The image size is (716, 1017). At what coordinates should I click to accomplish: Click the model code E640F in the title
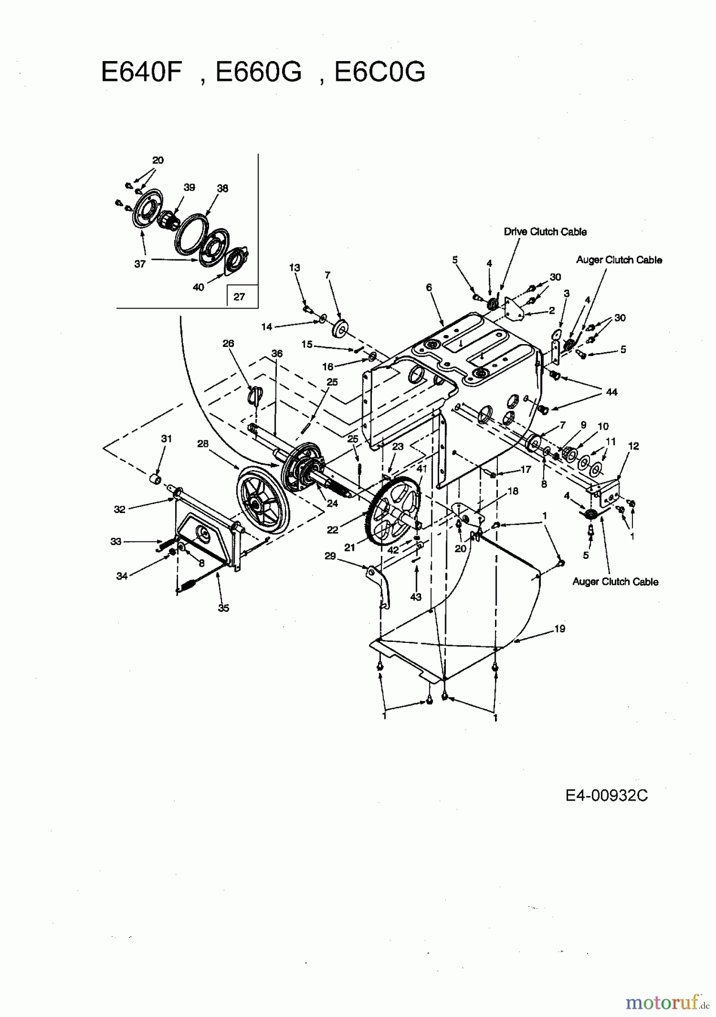(x=141, y=72)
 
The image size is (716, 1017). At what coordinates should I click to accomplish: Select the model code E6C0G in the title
(x=380, y=72)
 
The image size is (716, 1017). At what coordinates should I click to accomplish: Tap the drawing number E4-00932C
(x=606, y=796)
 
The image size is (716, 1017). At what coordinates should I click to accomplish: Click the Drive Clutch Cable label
(x=545, y=232)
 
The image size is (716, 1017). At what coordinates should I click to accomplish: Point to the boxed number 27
(x=239, y=296)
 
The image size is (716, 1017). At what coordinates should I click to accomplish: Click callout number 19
(x=559, y=628)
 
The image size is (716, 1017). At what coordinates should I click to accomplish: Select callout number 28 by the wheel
(x=202, y=444)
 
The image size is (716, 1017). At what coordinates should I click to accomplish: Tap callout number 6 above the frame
(x=429, y=288)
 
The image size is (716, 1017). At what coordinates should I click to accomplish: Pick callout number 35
(x=223, y=608)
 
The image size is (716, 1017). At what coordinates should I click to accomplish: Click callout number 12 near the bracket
(x=633, y=446)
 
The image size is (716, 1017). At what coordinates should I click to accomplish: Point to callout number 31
(x=166, y=438)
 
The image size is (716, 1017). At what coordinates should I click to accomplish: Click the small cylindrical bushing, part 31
(x=153, y=480)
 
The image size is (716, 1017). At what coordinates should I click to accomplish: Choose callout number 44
(x=611, y=392)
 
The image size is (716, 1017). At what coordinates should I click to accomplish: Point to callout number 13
(x=294, y=267)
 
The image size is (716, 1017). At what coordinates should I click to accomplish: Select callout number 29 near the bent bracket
(x=330, y=556)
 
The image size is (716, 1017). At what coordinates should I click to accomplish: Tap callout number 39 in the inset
(x=189, y=188)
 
